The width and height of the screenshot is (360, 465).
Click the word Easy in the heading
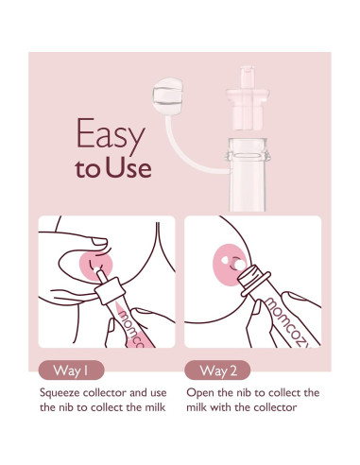[111, 134]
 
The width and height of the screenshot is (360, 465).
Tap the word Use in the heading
[129, 168]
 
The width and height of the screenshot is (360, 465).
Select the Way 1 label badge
[71, 370]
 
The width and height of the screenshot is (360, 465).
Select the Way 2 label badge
[217, 370]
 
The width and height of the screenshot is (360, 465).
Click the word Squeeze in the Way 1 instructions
[60, 393]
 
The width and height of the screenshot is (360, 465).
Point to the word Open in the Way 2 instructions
[199, 393]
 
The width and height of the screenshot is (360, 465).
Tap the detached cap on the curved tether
[167, 96]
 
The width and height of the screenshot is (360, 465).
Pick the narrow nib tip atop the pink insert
[248, 77]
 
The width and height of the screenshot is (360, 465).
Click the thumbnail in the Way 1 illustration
[99, 242]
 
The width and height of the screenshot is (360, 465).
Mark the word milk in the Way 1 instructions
[155, 407]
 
